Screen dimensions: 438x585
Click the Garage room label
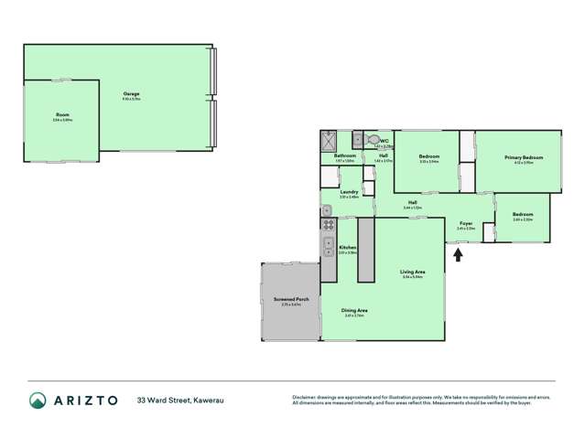131,93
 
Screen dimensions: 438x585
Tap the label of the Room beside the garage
61,115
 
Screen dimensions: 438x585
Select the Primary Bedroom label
524,157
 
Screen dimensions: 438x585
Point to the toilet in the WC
372,142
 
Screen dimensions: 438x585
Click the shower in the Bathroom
330,141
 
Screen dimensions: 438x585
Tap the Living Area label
413,272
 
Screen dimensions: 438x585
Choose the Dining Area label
355,311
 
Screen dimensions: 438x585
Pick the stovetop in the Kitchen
328,224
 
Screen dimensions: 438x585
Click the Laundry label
349,192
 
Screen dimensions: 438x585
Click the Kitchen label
347,248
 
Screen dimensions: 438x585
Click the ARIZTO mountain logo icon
38,400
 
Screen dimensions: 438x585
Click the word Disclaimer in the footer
303,397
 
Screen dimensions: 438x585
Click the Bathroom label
345,156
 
